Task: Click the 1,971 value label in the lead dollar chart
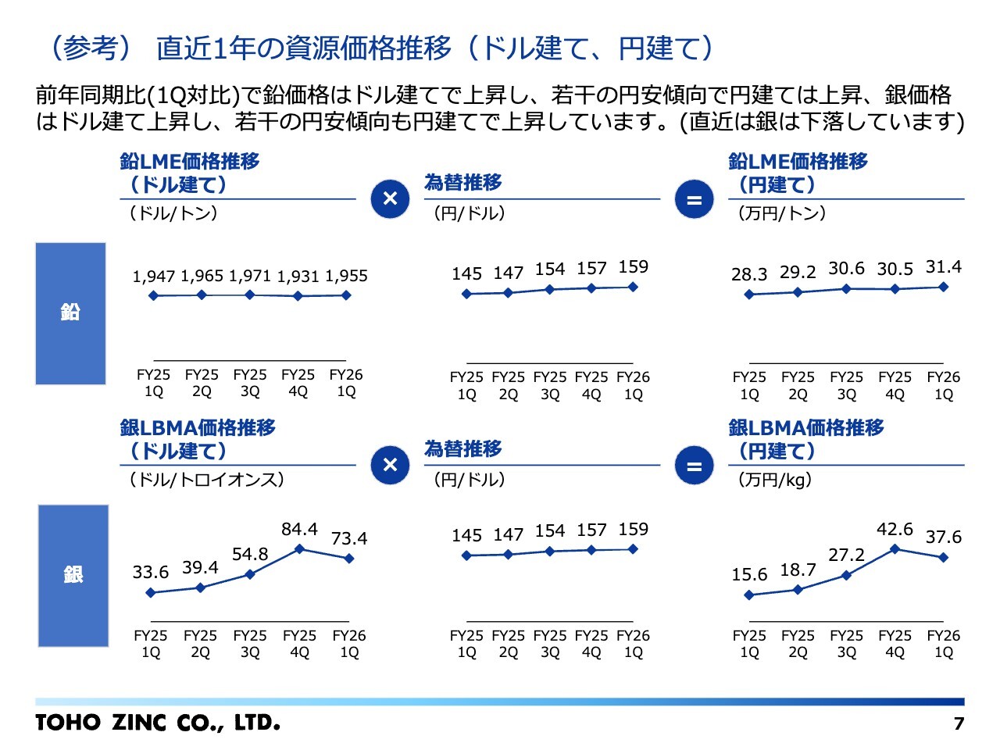pos(250,276)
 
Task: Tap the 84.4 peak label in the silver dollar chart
pos(299,529)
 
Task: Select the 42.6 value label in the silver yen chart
pos(895,529)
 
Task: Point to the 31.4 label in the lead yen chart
pos(944,266)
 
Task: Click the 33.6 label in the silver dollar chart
pos(150,572)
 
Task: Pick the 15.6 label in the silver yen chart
pos(749,574)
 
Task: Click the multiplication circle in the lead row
pos(390,199)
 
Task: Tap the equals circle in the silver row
pos(694,466)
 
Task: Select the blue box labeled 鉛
pos(70,313)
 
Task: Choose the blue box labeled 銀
pos(73,576)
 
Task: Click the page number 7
pos(959,723)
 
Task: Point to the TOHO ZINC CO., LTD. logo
pos(158,723)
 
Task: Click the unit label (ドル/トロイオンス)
pos(207,480)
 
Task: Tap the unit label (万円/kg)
pos(774,480)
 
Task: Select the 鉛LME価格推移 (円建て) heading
pos(798,173)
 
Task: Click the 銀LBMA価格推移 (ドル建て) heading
pos(198,439)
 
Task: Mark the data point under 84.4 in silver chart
pos(299,548)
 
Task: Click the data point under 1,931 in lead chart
pos(298,296)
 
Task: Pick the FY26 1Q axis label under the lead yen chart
pos(944,385)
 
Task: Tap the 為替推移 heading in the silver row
pos(462,448)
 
